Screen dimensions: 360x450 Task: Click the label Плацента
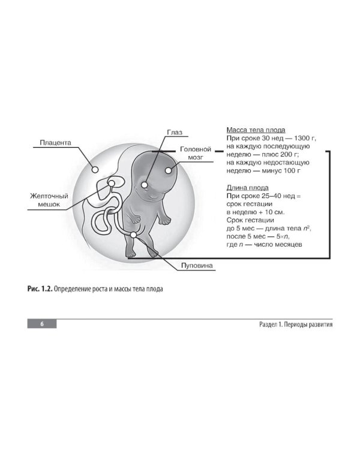click(55, 143)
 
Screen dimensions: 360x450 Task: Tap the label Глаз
click(175, 133)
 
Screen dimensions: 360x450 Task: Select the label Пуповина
click(197, 265)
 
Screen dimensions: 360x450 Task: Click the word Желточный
click(49, 196)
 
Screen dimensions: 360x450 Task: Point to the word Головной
click(196, 149)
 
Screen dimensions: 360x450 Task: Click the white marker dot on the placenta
click(95, 170)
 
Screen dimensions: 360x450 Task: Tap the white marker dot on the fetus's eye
click(145, 185)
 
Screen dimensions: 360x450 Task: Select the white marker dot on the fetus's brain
click(168, 170)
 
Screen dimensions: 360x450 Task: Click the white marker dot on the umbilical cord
click(133, 235)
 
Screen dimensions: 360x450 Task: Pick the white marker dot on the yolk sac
click(112, 184)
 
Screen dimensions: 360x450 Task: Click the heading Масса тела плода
click(256, 130)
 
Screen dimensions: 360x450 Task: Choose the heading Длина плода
click(247, 188)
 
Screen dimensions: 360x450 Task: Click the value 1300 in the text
click(302, 139)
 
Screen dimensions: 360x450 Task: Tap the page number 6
click(42, 324)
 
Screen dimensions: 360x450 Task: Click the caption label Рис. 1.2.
click(40, 289)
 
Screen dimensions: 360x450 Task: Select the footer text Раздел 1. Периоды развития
click(296, 325)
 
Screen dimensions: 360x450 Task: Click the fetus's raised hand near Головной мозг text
click(165, 221)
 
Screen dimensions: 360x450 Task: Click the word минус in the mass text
click(271, 171)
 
